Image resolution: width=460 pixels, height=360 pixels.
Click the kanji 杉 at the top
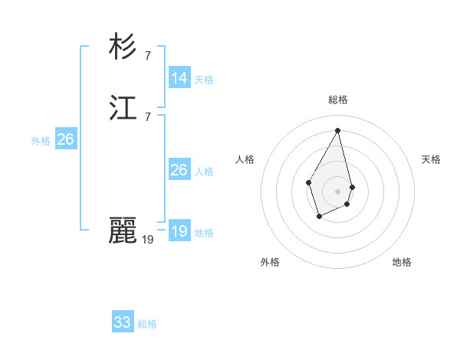point(123,47)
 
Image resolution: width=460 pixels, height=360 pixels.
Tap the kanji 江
point(123,110)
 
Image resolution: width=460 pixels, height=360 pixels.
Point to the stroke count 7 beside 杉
point(147,55)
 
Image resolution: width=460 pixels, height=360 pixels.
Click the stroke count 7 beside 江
point(147,116)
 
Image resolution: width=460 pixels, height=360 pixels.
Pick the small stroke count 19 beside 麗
point(147,239)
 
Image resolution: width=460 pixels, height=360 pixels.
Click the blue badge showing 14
point(179,78)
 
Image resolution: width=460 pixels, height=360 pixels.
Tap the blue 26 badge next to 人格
point(179,170)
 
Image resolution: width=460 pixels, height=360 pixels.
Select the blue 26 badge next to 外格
point(66,139)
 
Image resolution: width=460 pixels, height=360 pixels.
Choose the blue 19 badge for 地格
point(179,231)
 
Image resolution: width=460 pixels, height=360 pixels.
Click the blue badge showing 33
point(123,322)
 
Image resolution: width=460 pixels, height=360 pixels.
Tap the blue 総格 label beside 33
point(147,324)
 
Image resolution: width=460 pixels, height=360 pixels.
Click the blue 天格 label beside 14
point(204,80)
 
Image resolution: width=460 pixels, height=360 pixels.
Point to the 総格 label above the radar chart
point(338,100)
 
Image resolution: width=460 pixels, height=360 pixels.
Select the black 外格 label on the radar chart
point(270,262)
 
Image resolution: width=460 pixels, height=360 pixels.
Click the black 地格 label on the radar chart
point(402,262)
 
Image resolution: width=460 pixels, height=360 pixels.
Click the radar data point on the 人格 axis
point(308,182)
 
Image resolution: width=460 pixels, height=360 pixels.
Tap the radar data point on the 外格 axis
point(319,218)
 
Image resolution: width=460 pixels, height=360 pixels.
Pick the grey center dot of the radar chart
point(338,191)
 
